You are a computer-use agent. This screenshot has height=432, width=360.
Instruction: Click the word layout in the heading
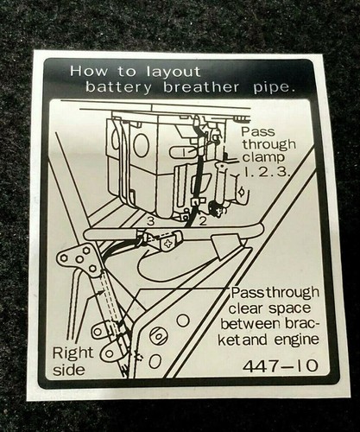coord(173,72)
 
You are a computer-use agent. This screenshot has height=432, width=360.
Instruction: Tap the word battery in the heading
coord(117,87)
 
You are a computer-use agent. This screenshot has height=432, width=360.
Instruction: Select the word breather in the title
coord(200,87)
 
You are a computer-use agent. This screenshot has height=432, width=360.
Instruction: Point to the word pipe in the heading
coord(274,88)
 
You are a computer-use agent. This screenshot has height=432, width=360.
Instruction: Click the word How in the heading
coord(88,71)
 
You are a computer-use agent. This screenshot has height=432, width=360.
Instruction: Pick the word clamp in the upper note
coord(263,158)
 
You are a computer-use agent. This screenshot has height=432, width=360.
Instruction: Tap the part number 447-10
coord(281,366)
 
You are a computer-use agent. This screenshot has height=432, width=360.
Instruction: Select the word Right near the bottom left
coord(73,354)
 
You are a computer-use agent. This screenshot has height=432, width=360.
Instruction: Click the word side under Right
coord(69,370)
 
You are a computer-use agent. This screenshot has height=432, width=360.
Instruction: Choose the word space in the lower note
coord(289,309)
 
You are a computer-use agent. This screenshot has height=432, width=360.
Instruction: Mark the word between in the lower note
coord(249,324)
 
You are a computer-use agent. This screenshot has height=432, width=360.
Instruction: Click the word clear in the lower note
coord(246,308)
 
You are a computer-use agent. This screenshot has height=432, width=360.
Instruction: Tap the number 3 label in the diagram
coord(151,221)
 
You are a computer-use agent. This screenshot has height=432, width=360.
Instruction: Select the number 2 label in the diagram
coord(203,221)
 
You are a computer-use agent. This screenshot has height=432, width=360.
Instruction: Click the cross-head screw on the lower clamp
coord(167,245)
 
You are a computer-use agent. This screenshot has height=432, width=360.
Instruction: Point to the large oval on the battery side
coord(141,145)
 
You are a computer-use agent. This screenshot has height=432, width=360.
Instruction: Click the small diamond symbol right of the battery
coord(241,191)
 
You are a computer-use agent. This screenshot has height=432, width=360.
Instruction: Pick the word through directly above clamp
coord(268,145)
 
